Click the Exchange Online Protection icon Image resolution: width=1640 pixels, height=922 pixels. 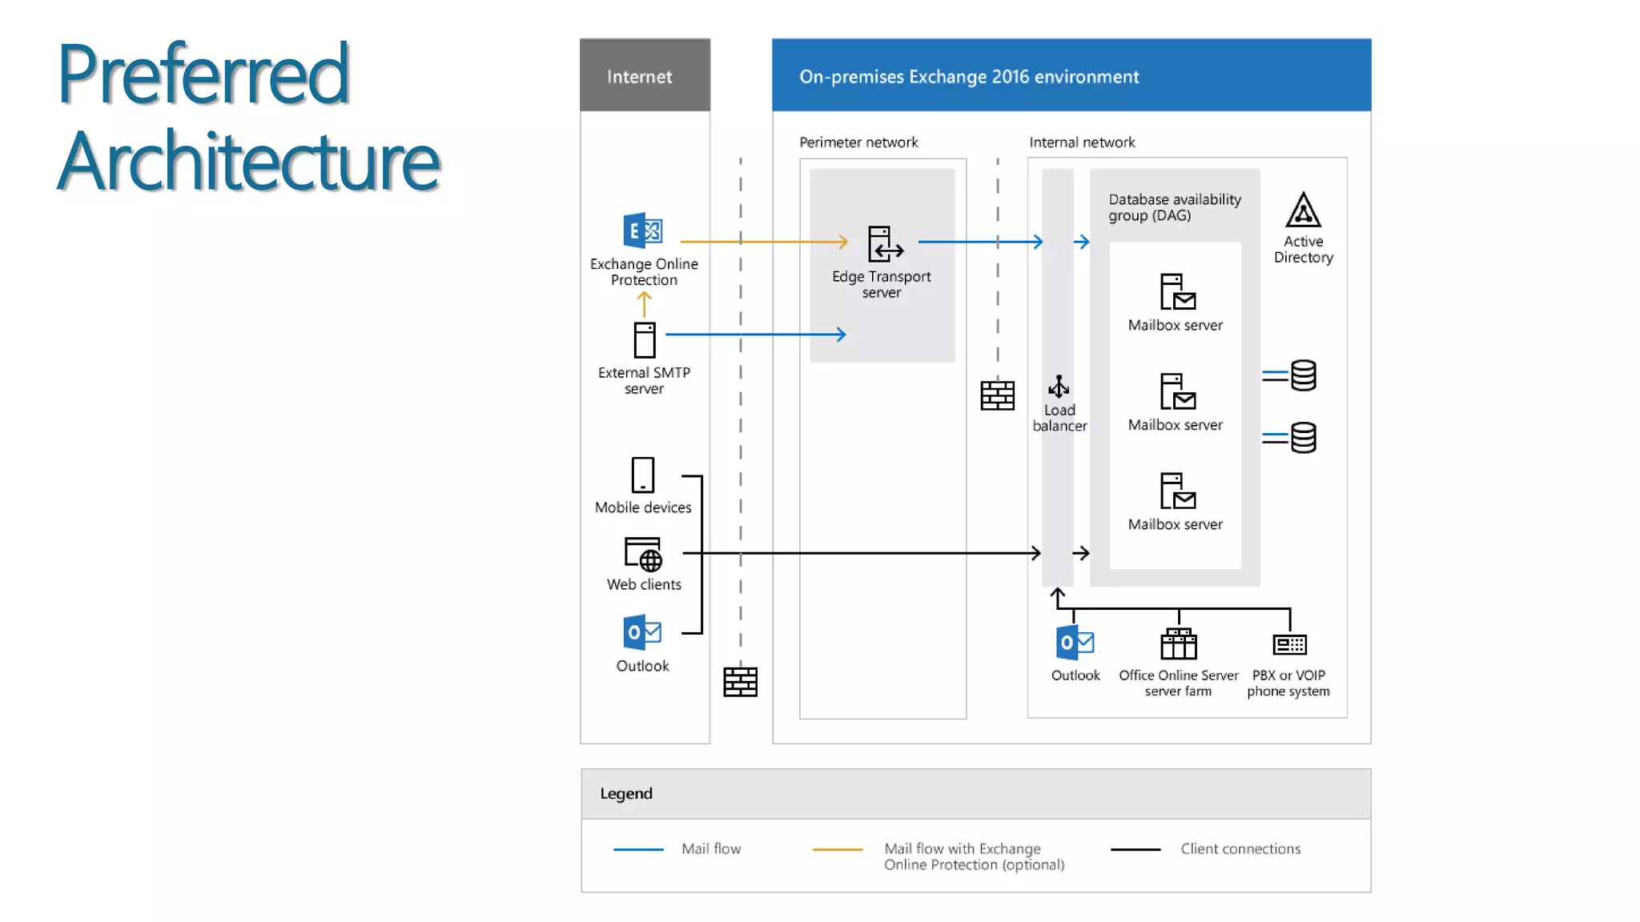pos(642,231)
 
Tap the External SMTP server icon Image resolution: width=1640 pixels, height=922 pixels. pos(644,340)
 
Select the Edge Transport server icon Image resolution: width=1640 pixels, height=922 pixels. pos(884,244)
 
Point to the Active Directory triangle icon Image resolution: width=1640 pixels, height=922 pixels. pos(1303,210)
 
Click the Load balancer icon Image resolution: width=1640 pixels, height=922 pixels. pos(1059,387)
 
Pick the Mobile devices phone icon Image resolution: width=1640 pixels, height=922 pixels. pos(642,475)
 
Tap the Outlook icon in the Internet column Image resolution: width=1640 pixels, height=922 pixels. pos(642,632)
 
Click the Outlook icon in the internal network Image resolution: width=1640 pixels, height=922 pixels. pos(1075,643)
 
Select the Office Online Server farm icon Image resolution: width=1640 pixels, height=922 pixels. pos(1178,644)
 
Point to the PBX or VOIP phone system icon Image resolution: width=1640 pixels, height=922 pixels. pos(1289,644)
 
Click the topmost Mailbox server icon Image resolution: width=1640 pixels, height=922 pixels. pos(1177,292)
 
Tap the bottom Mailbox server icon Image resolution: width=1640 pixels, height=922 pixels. pos(1177,491)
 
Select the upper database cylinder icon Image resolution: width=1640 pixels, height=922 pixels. pos(1303,375)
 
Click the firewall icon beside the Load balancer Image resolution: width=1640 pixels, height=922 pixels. pos(997,395)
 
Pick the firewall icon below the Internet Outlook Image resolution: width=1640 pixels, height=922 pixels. pos(740,682)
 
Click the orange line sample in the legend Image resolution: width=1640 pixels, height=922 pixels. pos(837,849)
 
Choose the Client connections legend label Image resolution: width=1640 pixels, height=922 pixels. pos(1240,849)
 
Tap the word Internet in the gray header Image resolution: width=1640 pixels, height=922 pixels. pos(639,77)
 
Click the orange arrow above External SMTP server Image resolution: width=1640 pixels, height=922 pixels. pos(644,304)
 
